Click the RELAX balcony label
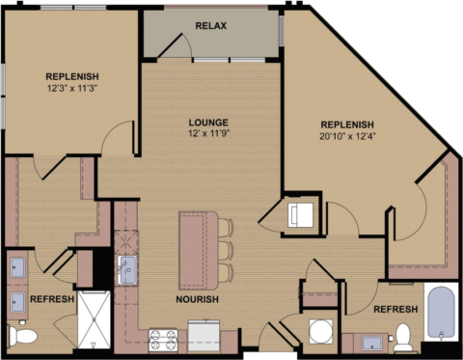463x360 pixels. [x=210, y=25]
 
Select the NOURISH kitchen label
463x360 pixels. [x=198, y=300]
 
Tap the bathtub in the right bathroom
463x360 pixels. [x=441, y=313]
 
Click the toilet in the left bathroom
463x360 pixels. [x=21, y=335]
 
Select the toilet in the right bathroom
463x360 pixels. [x=403, y=337]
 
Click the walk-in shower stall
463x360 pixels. [x=95, y=318]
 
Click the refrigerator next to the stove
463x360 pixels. [x=204, y=335]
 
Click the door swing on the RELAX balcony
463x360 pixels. [x=176, y=43]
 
